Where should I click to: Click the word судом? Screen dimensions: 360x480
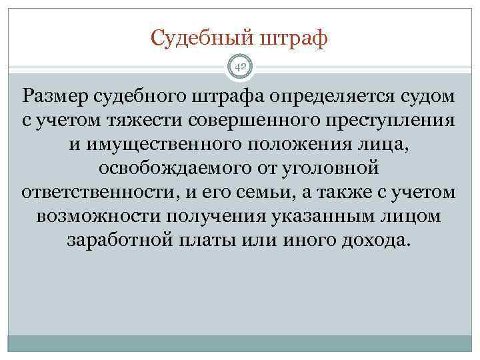pyautogui.click(x=428, y=97)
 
